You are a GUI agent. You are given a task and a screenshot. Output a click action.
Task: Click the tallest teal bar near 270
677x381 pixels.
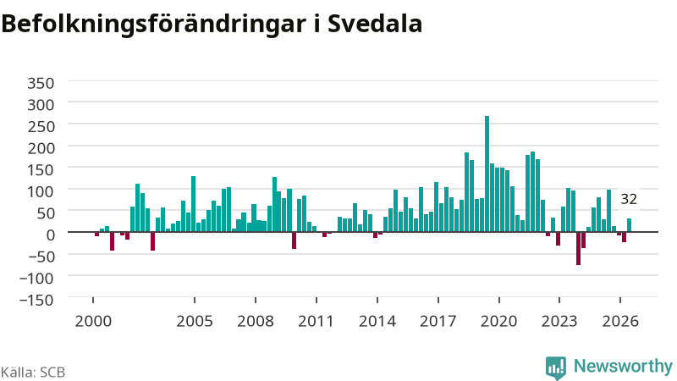(x=487, y=174)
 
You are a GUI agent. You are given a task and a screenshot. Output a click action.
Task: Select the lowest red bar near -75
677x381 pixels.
(x=578, y=248)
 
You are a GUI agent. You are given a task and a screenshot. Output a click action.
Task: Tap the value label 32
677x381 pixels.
(x=629, y=199)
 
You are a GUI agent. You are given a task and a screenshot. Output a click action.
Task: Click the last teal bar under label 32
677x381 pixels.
(x=629, y=225)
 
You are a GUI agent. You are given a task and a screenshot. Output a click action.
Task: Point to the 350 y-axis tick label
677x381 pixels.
(x=41, y=83)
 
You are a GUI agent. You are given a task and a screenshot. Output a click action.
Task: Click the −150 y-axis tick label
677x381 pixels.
(x=36, y=300)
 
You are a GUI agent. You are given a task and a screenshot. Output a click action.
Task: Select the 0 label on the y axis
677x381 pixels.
(x=50, y=235)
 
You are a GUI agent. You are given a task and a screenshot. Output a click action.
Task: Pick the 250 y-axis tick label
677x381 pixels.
(x=41, y=126)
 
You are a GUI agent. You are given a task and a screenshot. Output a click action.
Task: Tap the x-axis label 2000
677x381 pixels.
(x=93, y=321)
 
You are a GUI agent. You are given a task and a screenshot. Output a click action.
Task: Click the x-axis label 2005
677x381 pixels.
(x=195, y=321)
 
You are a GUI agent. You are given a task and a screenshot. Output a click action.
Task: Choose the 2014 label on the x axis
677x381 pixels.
(x=377, y=321)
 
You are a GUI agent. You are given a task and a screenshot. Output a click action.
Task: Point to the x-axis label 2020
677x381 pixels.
(x=499, y=321)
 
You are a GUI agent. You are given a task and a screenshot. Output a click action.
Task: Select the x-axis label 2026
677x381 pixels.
(x=620, y=321)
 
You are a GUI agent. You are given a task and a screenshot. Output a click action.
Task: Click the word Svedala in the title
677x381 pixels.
(x=375, y=24)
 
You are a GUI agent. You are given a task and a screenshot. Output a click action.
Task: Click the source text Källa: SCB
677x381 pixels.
(x=33, y=372)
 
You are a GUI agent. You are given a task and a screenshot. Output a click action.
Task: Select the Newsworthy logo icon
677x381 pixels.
(x=556, y=367)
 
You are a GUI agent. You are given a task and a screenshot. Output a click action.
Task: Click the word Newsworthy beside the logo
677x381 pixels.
(x=623, y=367)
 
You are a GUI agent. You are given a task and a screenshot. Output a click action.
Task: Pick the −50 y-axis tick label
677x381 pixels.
(x=36, y=257)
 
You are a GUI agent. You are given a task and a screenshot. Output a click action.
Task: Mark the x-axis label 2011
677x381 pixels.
(x=316, y=321)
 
